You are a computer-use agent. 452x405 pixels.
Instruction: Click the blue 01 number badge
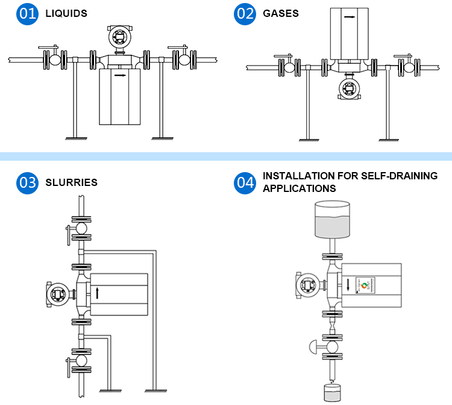click(27, 13)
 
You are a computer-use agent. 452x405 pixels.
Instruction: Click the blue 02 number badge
click(245, 13)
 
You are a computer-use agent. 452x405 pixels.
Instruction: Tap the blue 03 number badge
click(27, 182)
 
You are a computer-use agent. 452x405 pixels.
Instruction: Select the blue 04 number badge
click(245, 182)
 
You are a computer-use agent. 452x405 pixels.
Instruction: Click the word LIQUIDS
click(66, 13)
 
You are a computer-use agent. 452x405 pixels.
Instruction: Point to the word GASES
click(281, 13)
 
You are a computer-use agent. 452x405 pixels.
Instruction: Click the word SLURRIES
click(71, 182)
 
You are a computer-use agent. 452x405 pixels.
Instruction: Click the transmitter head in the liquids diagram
click(119, 37)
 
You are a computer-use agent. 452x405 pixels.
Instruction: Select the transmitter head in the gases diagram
click(348, 89)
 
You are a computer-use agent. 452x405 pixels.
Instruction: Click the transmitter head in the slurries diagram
click(58, 294)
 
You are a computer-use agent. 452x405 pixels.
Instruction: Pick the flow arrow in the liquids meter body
click(119, 76)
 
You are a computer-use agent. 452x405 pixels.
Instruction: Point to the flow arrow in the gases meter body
click(349, 17)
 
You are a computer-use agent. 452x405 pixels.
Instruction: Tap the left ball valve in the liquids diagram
click(55, 59)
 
